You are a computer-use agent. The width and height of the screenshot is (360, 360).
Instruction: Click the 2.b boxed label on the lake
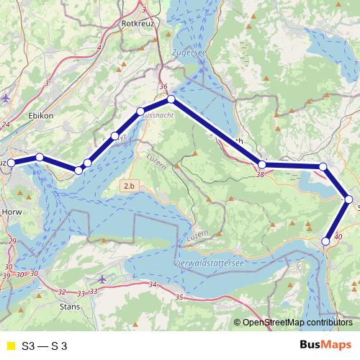click(129, 186)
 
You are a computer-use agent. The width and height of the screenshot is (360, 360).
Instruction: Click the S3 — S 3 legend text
click(45, 346)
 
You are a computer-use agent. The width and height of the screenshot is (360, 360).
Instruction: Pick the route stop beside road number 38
click(262, 166)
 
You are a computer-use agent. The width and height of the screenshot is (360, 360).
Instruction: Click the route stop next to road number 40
click(326, 241)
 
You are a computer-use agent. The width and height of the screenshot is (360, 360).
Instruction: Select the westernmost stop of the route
click(11, 163)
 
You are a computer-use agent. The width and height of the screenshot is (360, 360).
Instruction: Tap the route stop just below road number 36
click(171, 99)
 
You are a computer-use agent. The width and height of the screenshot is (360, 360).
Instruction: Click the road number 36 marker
click(163, 86)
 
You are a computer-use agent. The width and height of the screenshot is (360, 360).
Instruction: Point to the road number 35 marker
click(179, 297)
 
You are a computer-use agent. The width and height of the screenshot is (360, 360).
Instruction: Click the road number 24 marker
click(6, 125)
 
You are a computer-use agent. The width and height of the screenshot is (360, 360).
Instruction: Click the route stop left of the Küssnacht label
click(141, 112)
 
